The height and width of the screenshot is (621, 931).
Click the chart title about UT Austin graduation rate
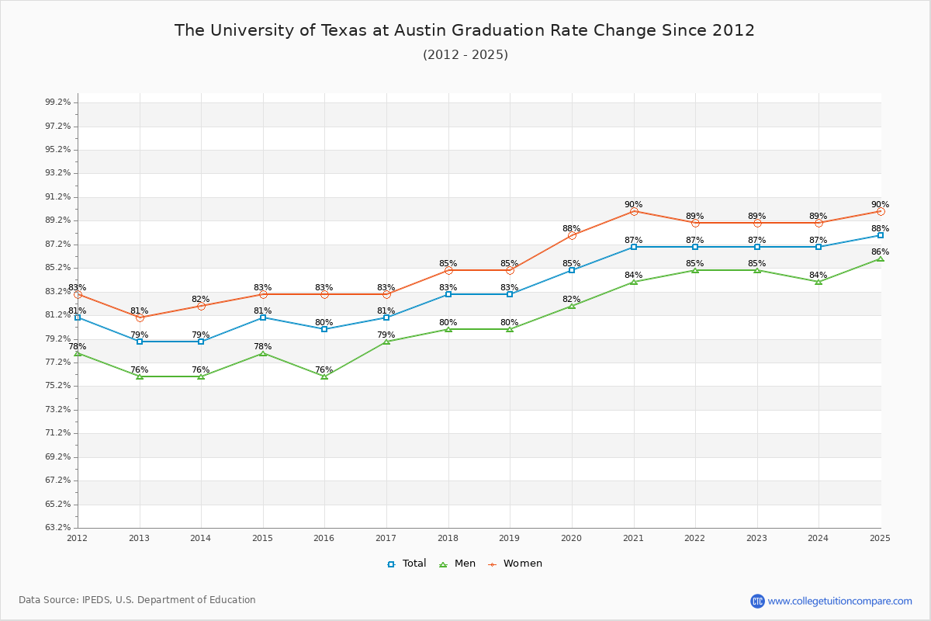click(464, 30)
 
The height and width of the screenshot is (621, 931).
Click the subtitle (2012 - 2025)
click(465, 55)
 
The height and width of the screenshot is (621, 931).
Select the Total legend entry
click(407, 564)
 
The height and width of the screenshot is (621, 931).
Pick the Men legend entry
click(459, 564)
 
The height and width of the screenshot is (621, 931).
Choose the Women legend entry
click(515, 564)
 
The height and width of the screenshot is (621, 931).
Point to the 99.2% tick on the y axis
click(58, 102)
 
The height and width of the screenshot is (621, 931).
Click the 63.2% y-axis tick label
click(58, 528)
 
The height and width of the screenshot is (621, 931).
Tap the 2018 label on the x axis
click(448, 538)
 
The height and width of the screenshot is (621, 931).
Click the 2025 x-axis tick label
click(880, 538)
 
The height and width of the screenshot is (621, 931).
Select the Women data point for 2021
click(634, 211)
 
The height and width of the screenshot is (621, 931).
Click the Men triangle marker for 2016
click(324, 376)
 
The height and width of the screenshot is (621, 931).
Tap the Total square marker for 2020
click(572, 270)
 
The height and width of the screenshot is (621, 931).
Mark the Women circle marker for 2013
click(140, 317)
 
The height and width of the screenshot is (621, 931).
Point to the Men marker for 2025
click(880, 258)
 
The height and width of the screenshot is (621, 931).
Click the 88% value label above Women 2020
click(572, 229)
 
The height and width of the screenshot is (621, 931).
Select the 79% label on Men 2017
click(386, 335)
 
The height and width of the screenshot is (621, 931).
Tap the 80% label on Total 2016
click(324, 323)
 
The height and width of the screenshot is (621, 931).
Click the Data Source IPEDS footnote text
click(137, 600)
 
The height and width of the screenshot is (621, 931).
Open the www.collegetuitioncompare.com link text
click(839, 601)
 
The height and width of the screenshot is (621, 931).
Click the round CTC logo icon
click(757, 601)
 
